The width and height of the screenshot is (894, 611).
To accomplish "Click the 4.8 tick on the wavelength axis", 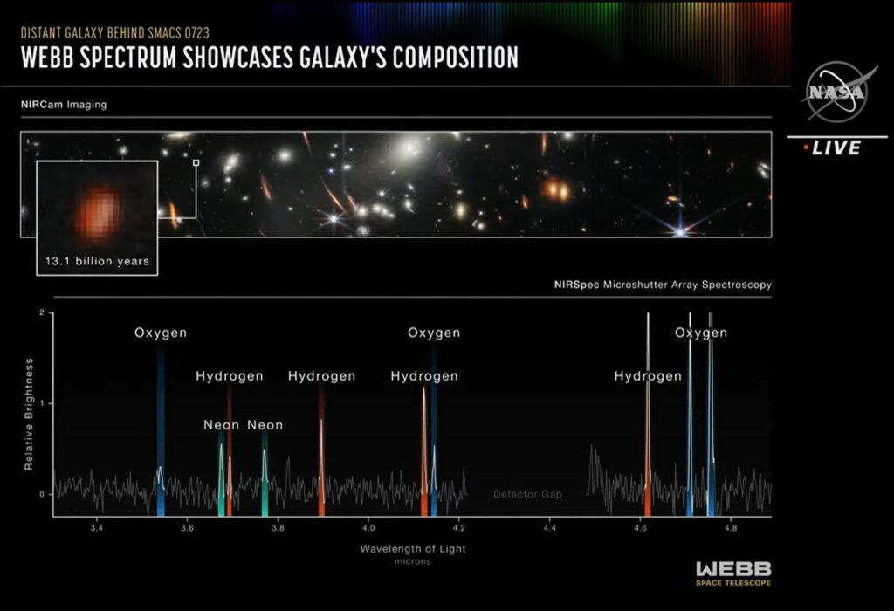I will click(732, 529).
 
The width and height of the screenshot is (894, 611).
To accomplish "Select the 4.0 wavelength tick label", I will click(368, 529).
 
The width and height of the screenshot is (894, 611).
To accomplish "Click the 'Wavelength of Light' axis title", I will click(413, 548).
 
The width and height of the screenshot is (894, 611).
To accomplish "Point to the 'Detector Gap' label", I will click(527, 495).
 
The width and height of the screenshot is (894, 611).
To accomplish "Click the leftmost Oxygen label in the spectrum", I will click(161, 333).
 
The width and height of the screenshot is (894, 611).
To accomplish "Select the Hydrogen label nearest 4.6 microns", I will click(648, 376).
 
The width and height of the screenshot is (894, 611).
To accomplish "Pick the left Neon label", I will click(222, 425).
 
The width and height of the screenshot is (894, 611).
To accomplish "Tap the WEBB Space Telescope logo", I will click(732, 573).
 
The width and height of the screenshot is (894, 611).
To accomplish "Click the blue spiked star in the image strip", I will click(679, 231).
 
